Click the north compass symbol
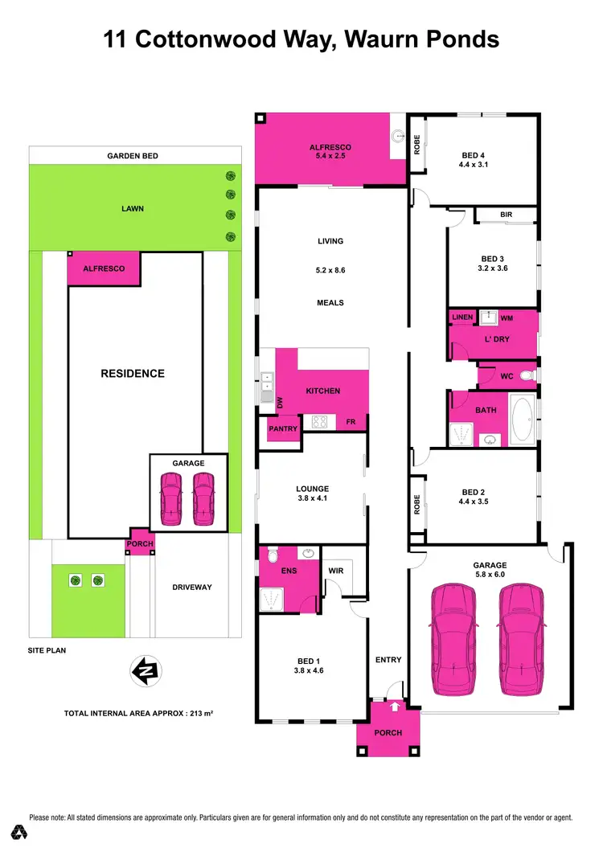click(146, 670)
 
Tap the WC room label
click(507, 375)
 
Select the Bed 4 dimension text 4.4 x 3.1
click(474, 165)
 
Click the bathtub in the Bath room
click(523, 420)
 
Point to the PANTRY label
click(283, 428)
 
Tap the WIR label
click(336, 571)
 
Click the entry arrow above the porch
click(396, 707)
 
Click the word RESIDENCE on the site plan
click(133, 373)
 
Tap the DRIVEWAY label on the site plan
click(192, 588)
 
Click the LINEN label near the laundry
click(462, 317)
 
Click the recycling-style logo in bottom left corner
click(17, 832)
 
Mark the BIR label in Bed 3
click(506, 215)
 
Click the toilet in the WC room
click(527, 375)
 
